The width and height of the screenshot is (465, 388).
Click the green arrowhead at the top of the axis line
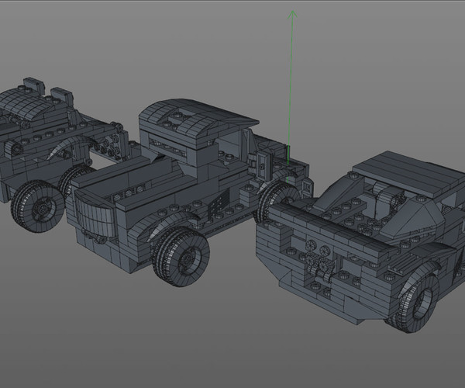(x=293, y=13)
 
